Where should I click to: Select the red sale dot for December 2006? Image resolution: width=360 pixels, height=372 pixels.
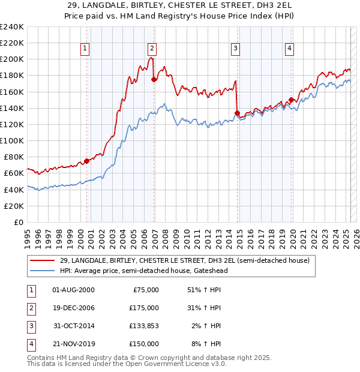coord(154,79)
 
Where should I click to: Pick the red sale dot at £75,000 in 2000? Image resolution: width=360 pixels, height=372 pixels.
coord(86,161)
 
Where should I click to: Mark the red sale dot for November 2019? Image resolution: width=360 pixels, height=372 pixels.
coord(292,100)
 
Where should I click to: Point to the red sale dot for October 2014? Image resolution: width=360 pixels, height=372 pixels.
coord(238,113)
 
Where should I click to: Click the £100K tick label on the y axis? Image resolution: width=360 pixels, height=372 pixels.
coord(12,140)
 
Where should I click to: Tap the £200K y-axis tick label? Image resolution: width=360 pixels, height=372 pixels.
coord(12,59)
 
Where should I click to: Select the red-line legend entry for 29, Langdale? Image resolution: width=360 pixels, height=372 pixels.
coord(184,260)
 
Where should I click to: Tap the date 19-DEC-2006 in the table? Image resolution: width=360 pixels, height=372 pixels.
coord(74,308)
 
